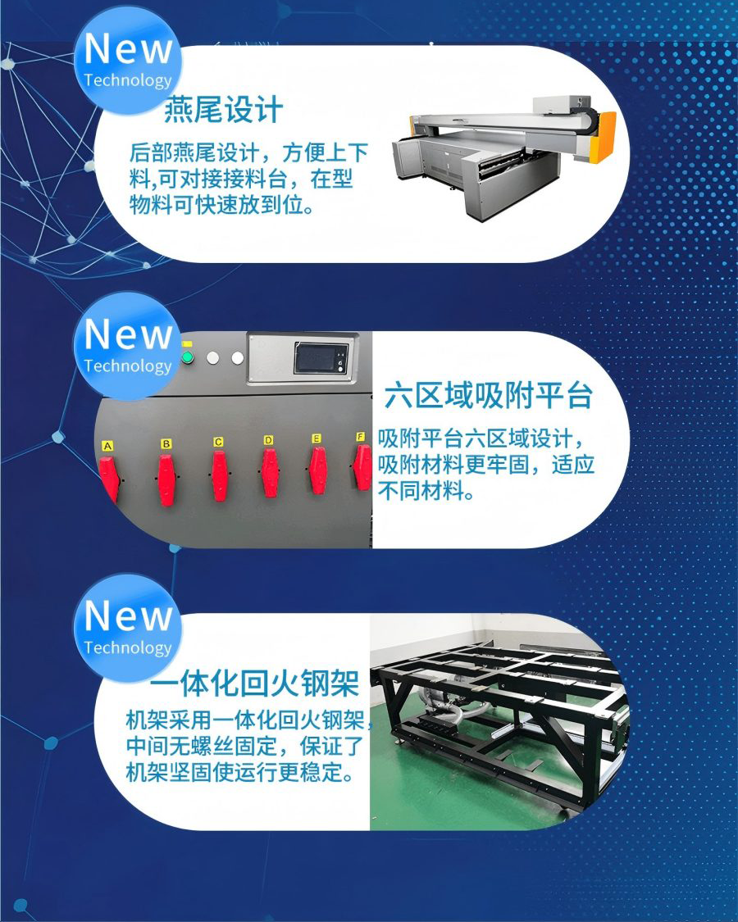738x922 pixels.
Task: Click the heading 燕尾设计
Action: point(223,110)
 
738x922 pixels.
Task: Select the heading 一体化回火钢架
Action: point(254,683)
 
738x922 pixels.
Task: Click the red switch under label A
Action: point(109,479)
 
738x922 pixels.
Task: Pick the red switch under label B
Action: point(166,479)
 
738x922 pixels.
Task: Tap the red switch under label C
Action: point(219,475)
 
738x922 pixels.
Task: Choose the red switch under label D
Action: point(270,473)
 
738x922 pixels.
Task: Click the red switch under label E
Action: point(318,470)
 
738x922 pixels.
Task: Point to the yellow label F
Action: point(361,436)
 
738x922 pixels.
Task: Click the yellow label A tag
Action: point(107,447)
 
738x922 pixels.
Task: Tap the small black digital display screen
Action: point(321,358)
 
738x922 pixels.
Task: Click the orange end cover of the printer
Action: point(605,138)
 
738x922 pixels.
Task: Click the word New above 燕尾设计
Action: point(128,49)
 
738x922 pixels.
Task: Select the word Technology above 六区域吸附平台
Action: point(128,366)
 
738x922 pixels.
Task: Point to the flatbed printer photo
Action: point(504,157)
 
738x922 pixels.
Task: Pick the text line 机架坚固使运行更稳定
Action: point(241,771)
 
